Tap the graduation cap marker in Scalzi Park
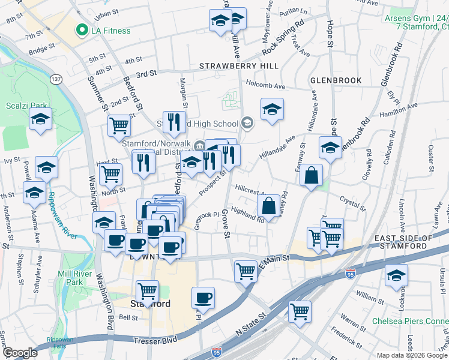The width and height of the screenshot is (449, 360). (40, 120)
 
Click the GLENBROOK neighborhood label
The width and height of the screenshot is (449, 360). (336, 80)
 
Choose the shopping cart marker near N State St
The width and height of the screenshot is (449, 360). (299, 311)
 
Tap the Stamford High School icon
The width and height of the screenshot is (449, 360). (247, 124)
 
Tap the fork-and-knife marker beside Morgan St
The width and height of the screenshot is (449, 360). (172, 122)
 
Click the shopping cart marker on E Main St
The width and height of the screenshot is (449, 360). (246, 271)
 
